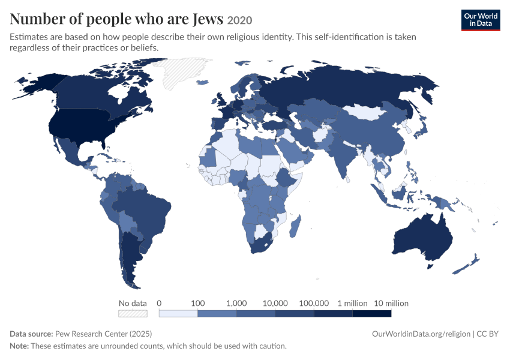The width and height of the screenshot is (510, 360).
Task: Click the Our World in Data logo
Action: [481, 20]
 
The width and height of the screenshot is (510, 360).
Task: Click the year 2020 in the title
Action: [239, 20]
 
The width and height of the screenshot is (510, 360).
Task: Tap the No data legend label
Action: [133, 304]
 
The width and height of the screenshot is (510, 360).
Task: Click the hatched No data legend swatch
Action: [133, 313]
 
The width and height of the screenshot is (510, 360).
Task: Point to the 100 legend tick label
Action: [198, 304]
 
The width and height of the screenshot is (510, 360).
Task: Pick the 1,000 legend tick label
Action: [236, 304]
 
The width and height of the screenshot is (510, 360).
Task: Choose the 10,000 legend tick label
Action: [275, 304]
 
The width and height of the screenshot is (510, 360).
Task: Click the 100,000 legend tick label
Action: [314, 304]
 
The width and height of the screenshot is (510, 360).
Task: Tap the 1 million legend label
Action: [353, 304]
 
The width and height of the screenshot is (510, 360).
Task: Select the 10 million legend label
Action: [391, 304]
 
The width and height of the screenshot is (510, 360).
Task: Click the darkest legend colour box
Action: [372, 313]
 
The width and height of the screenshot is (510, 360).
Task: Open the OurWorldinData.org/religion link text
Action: [421, 334]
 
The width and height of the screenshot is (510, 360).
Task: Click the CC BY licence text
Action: [487, 334]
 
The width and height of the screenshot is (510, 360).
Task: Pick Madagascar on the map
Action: [295, 225]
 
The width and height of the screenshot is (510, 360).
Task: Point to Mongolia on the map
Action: [364, 112]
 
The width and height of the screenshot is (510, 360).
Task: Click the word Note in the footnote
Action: [19, 346]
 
